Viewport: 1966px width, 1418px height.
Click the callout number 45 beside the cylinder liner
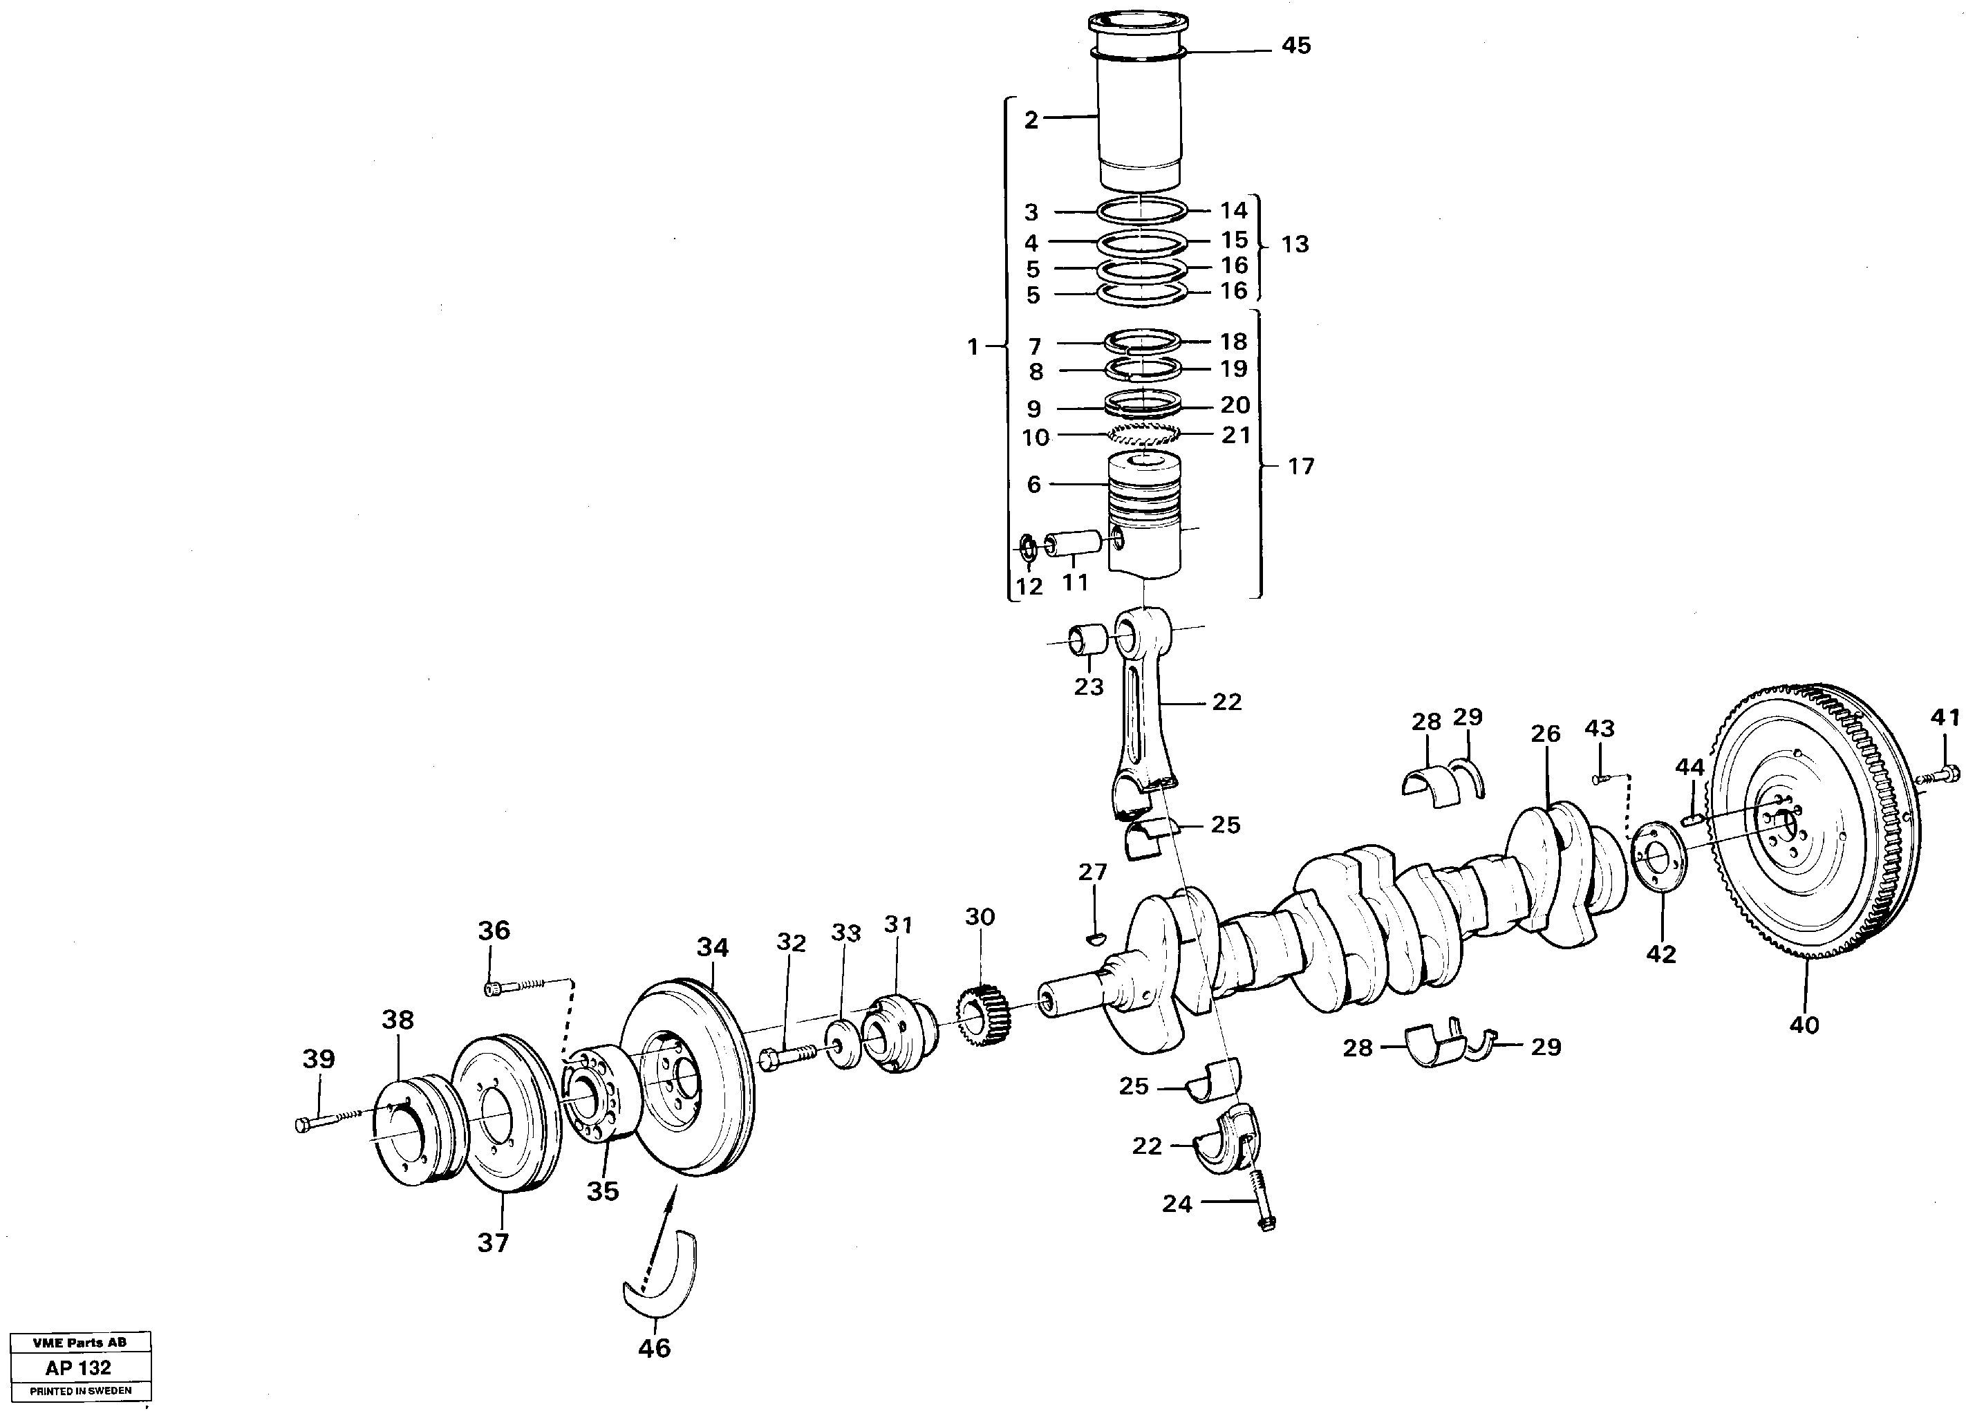point(1296,46)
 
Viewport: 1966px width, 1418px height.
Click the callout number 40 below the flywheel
point(1804,1025)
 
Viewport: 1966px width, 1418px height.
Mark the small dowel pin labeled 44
point(1693,817)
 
